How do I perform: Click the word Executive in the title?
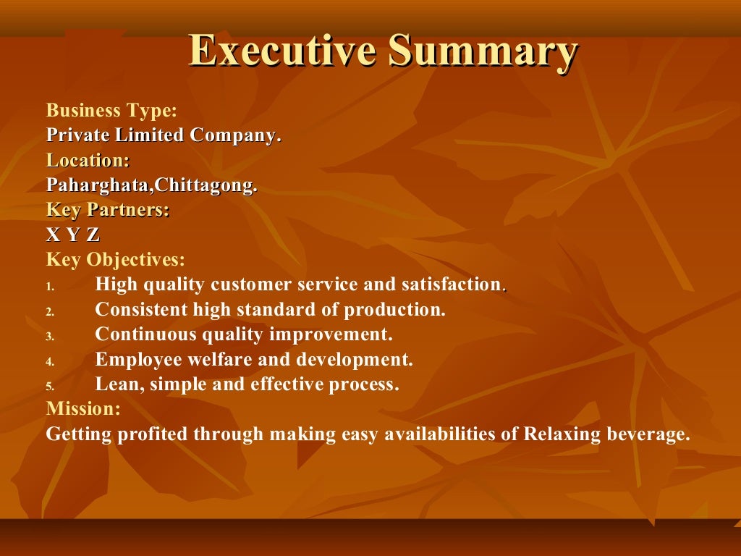pos(282,52)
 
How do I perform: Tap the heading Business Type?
pos(111,111)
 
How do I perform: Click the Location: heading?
pos(88,160)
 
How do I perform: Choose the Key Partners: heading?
pos(108,210)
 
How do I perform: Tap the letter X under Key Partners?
pos(53,235)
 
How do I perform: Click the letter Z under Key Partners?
pos(93,235)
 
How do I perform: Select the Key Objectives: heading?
pos(116,260)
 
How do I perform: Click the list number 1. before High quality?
pos(50,287)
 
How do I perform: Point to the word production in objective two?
pos(394,310)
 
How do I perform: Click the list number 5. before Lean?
pos(50,387)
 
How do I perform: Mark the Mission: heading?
pos(83,409)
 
